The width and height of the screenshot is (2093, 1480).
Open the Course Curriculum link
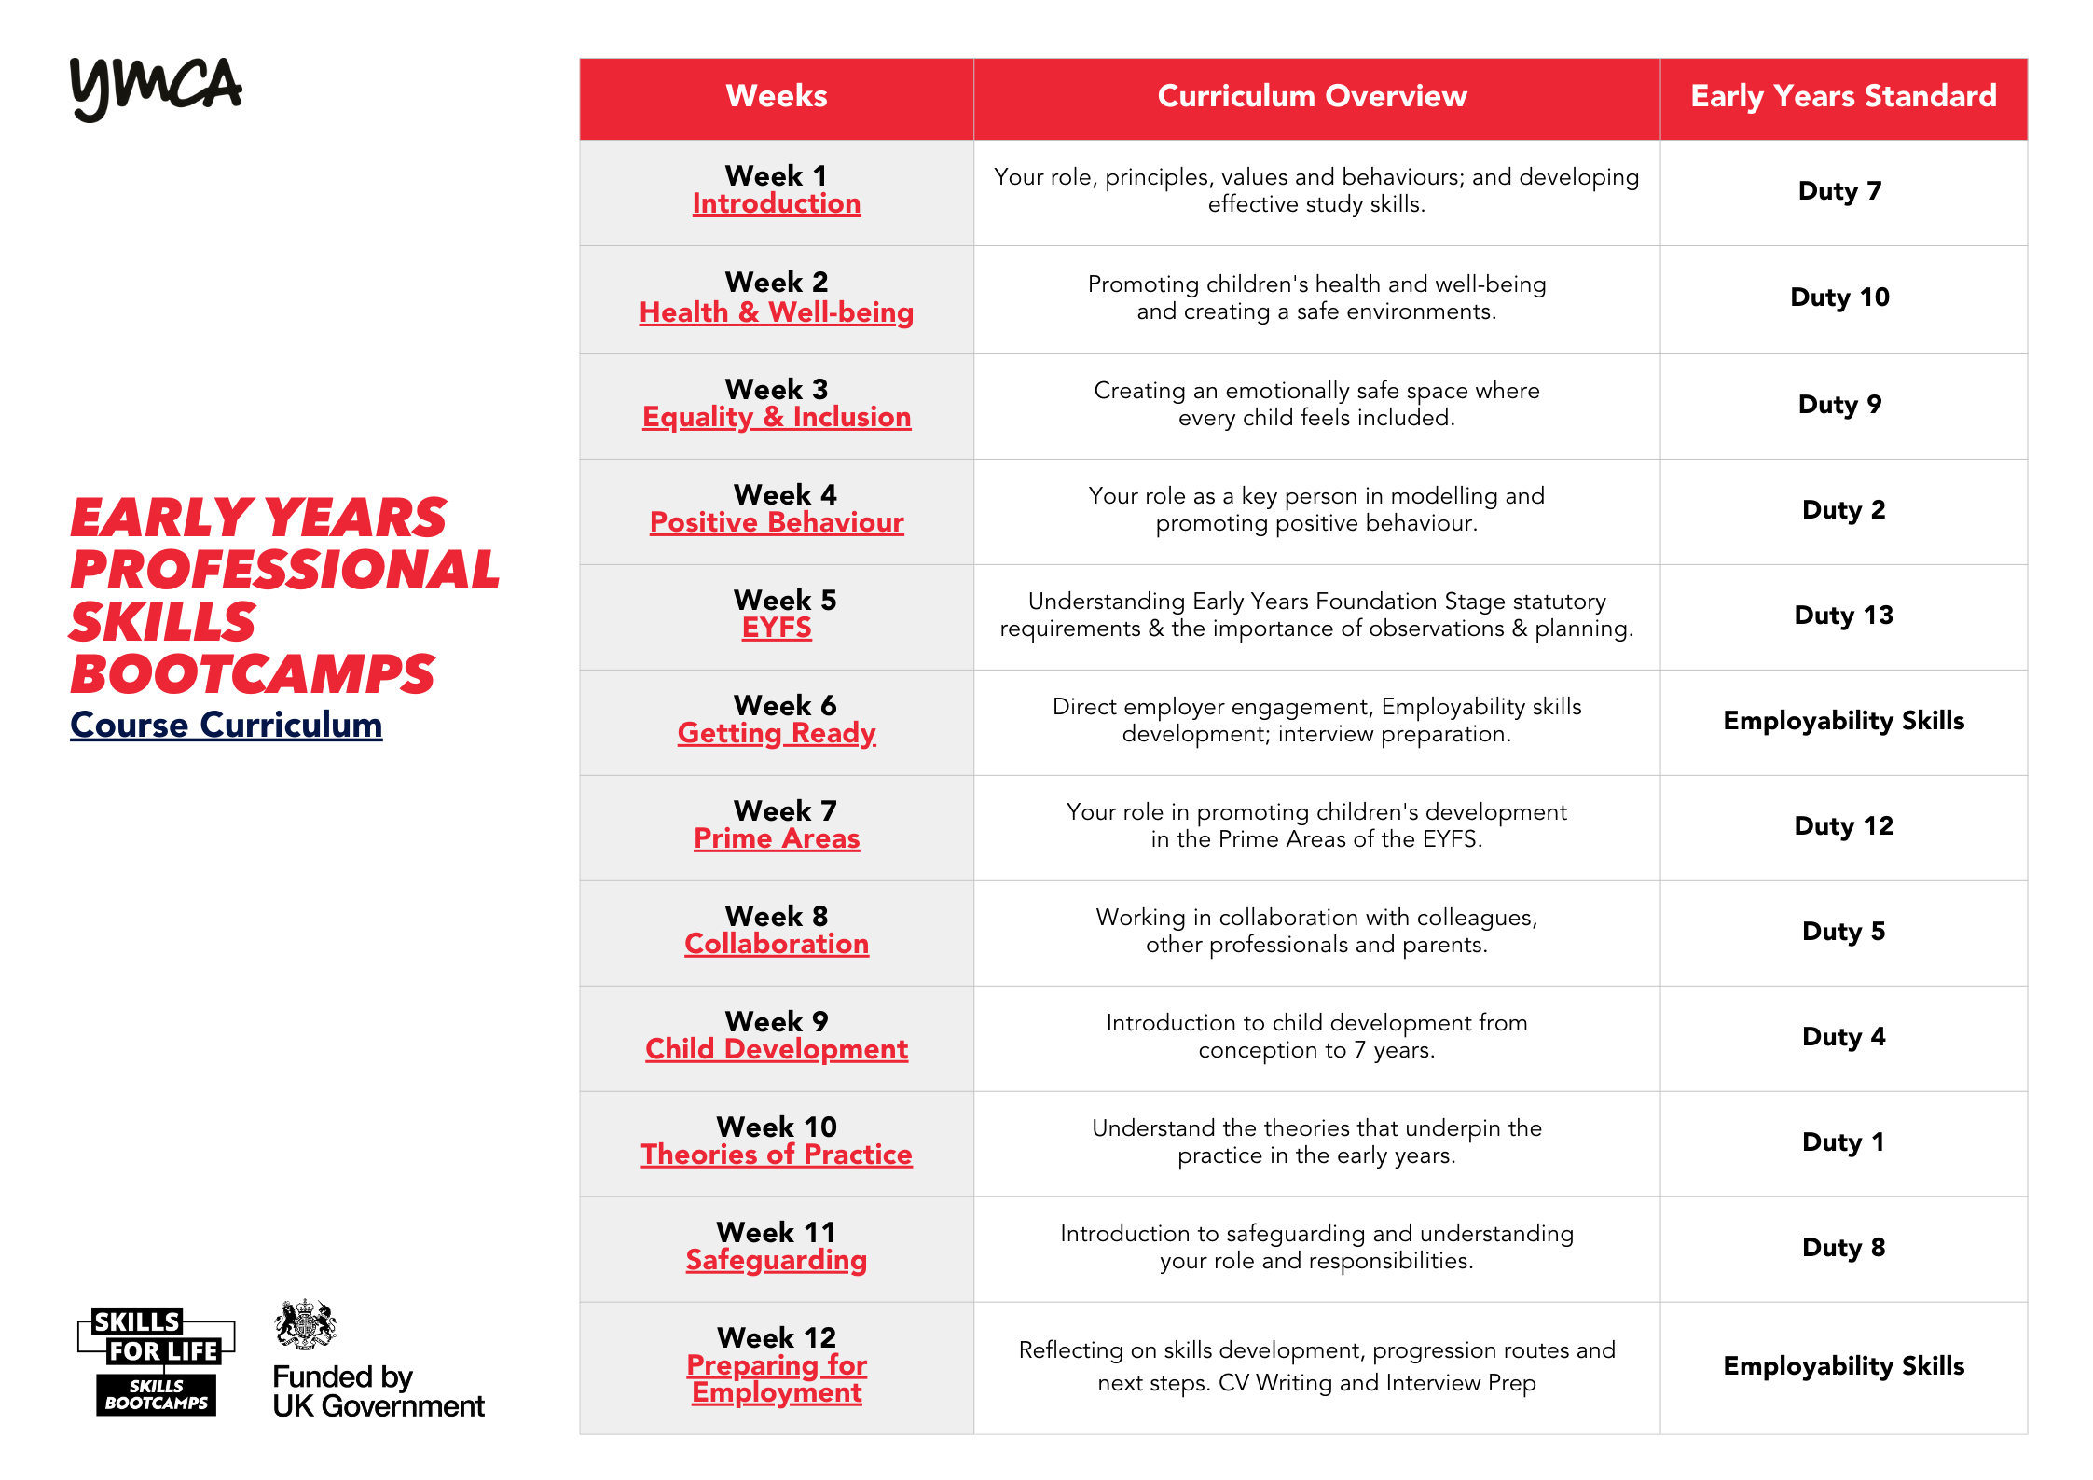tap(227, 725)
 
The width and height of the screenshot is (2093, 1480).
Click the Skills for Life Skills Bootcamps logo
tap(156, 1362)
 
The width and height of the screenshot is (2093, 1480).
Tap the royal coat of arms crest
tap(305, 1324)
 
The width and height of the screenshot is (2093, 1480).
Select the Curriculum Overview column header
tap(1312, 96)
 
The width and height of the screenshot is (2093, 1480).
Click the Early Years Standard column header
tap(1843, 96)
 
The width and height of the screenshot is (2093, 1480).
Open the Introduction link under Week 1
tap(777, 203)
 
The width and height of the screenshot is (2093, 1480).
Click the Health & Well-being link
tap(777, 312)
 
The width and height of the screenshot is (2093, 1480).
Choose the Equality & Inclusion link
tap(777, 417)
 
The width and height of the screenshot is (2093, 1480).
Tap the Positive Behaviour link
tap(777, 522)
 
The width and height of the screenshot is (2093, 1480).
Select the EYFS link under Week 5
tap(777, 628)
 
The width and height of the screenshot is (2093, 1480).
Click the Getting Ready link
tap(777, 733)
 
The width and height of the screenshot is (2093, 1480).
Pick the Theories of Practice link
tap(777, 1155)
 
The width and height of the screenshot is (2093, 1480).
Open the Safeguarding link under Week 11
tap(777, 1260)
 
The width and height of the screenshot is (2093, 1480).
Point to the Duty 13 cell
tap(1843, 616)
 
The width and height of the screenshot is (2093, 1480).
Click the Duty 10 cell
tap(1839, 297)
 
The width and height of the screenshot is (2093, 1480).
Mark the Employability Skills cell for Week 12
tap(1843, 1366)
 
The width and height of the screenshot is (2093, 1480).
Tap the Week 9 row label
tap(777, 1021)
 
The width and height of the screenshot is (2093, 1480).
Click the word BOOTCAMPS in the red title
tap(253, 674)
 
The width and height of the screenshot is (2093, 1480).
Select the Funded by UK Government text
tap(379, 1391)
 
